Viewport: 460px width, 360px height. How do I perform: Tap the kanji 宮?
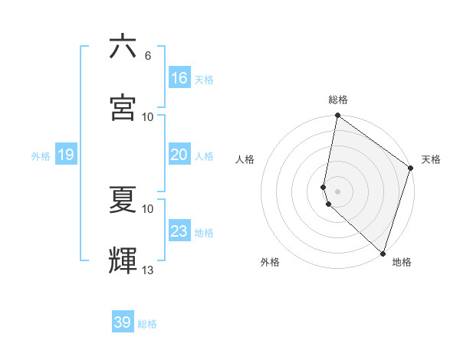(x=123, y=106)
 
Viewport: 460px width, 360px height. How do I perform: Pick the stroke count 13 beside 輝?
(x=148, y=270)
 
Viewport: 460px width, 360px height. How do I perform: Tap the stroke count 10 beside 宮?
(x=148, y=116)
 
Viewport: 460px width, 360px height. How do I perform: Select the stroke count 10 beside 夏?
(x=148, y=208)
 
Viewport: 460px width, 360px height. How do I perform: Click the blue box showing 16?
(x=179, y=78)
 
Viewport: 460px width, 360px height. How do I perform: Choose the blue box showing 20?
(x=179, y=155)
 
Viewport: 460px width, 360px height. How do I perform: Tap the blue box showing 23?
(x=179, y=231)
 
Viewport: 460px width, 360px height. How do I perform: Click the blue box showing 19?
(x=65, y=155)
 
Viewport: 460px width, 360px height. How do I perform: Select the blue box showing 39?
(x=123, y=322)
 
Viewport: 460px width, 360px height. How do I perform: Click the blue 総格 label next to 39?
(x=148, y=324)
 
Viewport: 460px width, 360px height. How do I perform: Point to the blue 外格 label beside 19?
(x=41, y=156)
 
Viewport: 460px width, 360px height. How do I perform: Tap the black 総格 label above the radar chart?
(x=338, y=100)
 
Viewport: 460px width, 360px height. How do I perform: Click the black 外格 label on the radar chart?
(x=270, y=263)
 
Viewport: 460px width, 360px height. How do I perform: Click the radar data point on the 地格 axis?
(x=383, y=253)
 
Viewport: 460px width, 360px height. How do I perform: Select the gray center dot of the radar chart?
(x=338, y=191)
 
